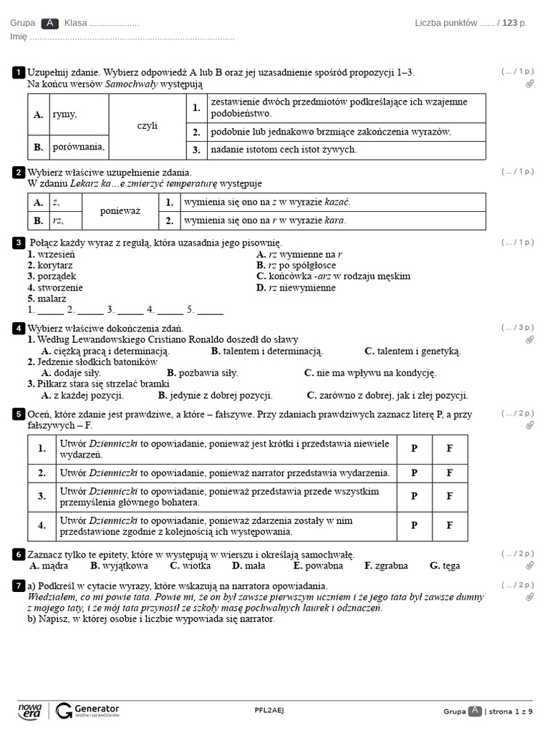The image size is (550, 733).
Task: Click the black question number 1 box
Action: [18, 72]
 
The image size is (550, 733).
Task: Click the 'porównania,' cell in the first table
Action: [78, 147]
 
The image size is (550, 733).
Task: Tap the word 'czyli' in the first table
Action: [148, 126]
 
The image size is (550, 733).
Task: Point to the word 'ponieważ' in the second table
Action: [120, 211]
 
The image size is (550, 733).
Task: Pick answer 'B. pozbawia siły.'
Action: [203, 373]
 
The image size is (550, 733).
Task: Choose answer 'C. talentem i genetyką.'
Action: [412, 351]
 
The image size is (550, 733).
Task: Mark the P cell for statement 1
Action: [414, 449]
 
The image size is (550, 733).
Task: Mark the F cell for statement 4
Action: [450, 525]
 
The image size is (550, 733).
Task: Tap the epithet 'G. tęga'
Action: [445, 565]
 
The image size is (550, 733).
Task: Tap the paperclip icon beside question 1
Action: [529, 84]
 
